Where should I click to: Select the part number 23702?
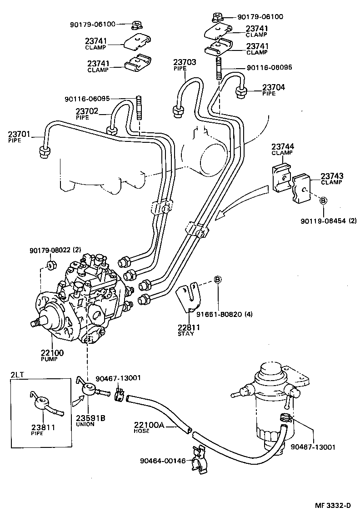87,110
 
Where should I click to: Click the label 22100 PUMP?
53,356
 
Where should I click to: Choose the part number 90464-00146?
163,461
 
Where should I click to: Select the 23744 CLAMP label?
282,149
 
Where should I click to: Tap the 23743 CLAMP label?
332,179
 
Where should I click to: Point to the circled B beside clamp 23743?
323,200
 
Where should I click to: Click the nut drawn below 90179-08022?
51,264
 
